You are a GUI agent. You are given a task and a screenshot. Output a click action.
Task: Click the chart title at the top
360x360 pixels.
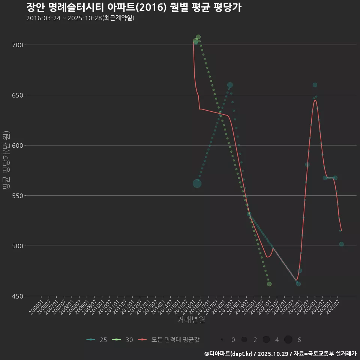coord(133,7)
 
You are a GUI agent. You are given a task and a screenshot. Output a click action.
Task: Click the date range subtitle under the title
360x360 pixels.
coord(80,18)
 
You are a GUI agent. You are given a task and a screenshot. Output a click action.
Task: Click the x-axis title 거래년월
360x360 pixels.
coord(191,320)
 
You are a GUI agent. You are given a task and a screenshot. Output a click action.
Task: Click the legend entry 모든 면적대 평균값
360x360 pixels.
coord(169,340)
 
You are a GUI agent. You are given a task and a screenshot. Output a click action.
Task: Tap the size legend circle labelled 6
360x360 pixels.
coord(288,340)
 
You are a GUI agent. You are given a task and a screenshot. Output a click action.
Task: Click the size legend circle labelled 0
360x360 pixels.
coord(222,340)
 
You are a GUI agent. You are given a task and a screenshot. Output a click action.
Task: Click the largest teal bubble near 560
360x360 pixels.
coord(197,183)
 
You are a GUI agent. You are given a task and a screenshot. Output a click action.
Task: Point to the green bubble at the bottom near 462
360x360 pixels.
coord(269,284)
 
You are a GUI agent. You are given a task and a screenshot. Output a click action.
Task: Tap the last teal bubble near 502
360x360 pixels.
coord(341,244)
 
